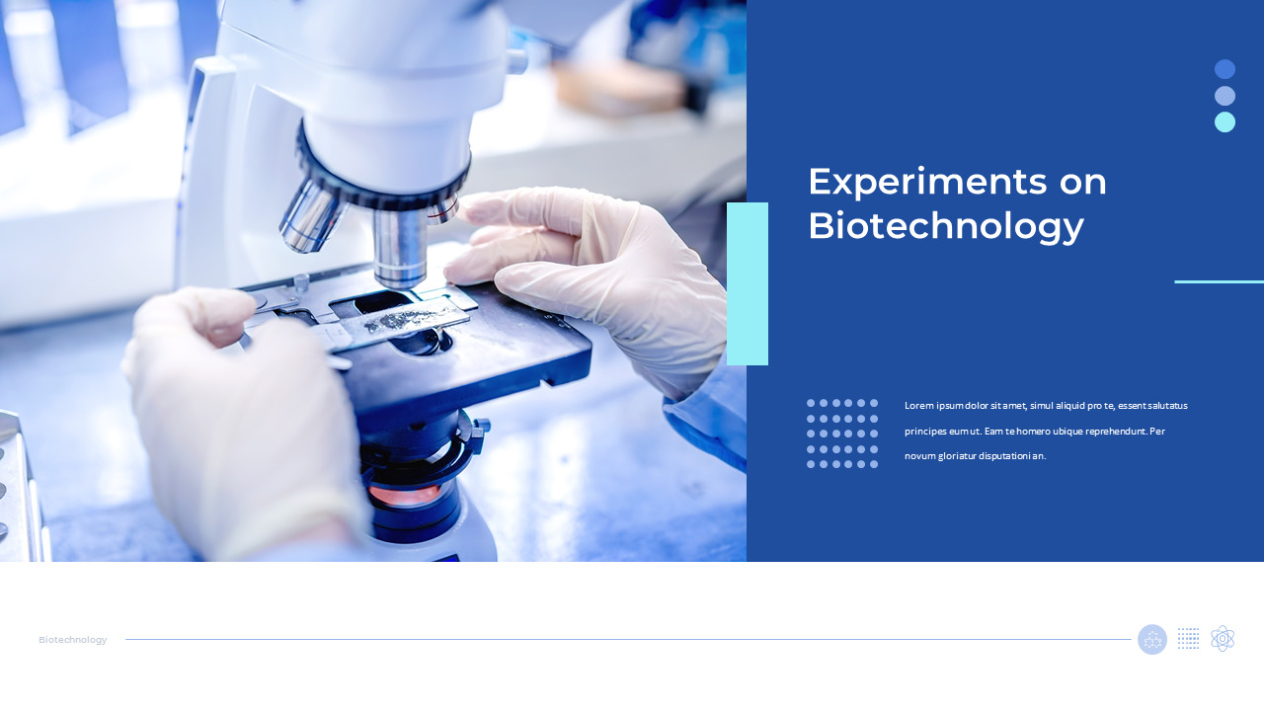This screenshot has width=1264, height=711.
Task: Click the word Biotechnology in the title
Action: tap(945, 226)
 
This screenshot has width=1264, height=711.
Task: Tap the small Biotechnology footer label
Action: tap(73, 640)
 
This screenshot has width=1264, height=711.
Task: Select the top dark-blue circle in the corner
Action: tap(1224, 69)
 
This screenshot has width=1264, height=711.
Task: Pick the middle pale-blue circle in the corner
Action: tap(1224, 96)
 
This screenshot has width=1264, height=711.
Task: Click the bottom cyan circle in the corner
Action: tap(1224, 121)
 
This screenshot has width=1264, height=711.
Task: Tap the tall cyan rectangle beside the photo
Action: tap(748, 283)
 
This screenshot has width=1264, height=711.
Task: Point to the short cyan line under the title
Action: tap(1219, 281)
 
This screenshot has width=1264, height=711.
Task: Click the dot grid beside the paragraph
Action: tap(842, 434)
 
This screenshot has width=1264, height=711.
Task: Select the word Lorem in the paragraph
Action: tap(918, 406)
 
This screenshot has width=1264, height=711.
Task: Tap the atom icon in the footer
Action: tap(1223, 639)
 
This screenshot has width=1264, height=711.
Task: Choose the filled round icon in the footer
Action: tap(1152, 639)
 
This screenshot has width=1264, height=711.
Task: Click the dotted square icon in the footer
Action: tap(1189, 639)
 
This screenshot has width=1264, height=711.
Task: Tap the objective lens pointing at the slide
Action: tap(400, 247)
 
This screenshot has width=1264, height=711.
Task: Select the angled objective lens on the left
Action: tap(310, 216)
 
